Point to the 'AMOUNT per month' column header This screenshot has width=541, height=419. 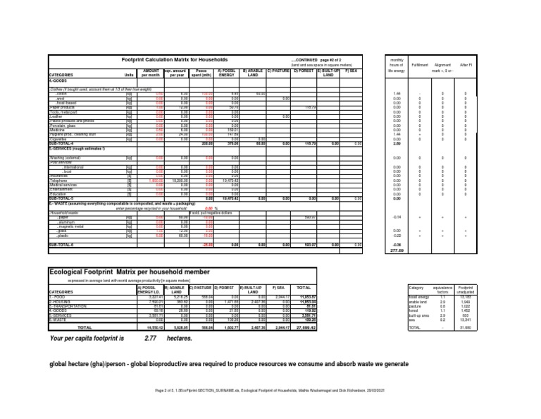pyautogui.click(x=151, y=73)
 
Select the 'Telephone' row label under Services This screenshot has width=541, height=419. pyautogui.click(x=59, y=180)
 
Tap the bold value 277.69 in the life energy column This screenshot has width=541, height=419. pyautogui.click(x=397, y=249)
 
